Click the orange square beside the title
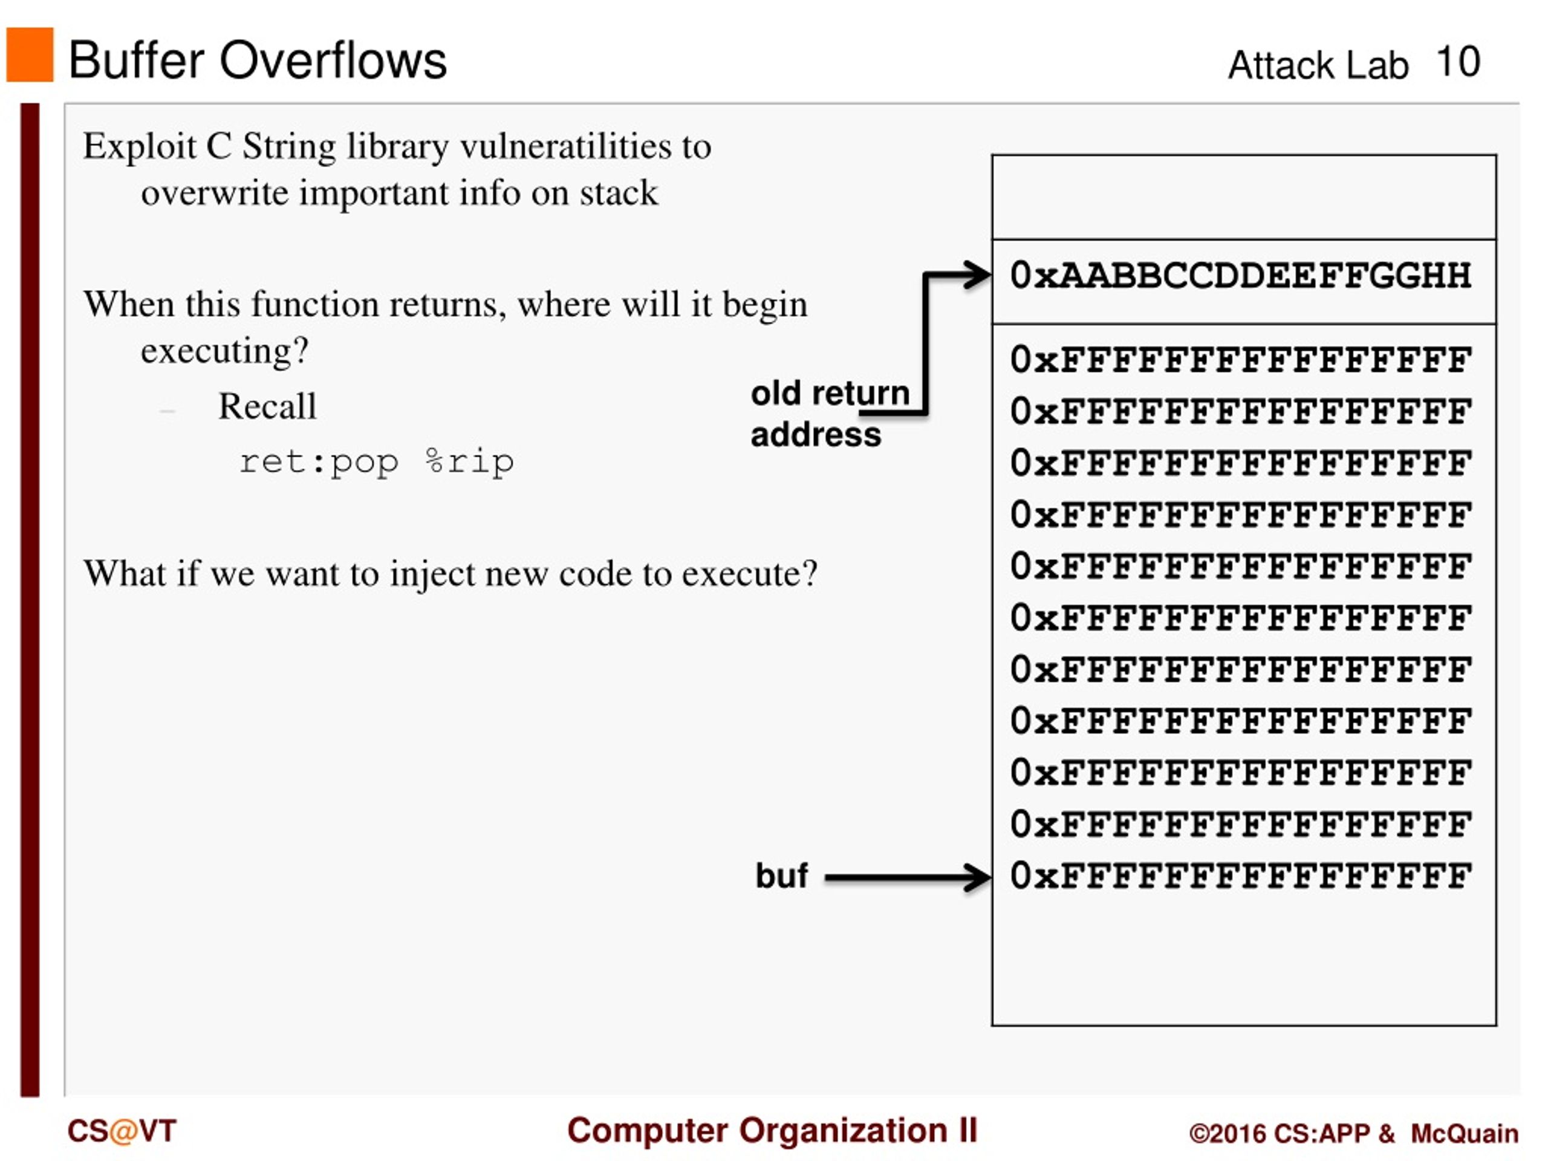[x=30, y=54]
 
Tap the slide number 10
[x=1457, y=62]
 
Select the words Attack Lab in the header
[x=1317, y=66]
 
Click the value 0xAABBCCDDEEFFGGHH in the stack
[x=1240, y=275]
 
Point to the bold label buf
[x=781, y=876]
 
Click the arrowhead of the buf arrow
[x=978, y=877]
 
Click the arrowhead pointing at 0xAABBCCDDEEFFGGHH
[x=978, y=275]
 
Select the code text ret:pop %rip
[x=376, y=462]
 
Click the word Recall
[x=267, y=406]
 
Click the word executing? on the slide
[x=224, y=350]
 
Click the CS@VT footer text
[x=121, y=1131]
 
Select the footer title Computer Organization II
[x=772, y=1130]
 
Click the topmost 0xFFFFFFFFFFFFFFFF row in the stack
[x=1240, y=360]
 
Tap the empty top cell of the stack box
[x=1243, y=197]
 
